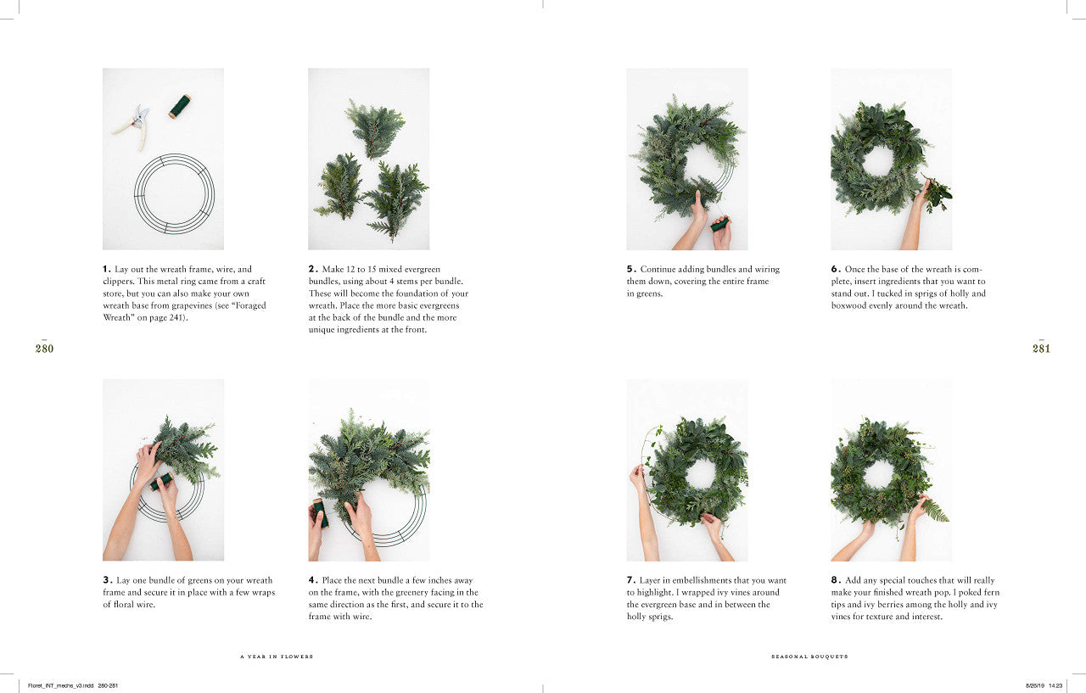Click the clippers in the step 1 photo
[132, 124]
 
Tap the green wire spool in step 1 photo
[179, 106]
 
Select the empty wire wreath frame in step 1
[174, 193]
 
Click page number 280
[44, 348]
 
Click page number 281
[1041, 348]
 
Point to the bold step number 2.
[312, 269]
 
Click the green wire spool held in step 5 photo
[719, 225]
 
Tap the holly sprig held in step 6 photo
[937, 195]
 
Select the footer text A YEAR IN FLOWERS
[277, 657]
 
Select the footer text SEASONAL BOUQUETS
[809, 657]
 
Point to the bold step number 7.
[630, 580]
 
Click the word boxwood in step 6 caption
[849, 305]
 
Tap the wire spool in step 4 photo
[320, 511]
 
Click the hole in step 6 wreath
[878, 160]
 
